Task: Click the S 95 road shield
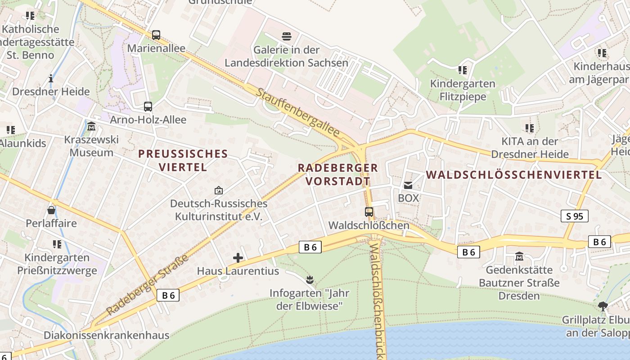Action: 575,216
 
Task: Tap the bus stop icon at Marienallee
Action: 156,35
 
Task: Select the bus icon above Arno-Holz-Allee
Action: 148,107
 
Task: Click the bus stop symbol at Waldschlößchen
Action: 369,211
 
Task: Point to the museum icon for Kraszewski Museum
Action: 91,126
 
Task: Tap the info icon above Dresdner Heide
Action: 51,78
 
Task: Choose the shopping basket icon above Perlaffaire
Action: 51,210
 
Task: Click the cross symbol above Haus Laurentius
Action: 238,258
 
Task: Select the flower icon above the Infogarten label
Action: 310,280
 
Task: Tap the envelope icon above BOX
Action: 408,185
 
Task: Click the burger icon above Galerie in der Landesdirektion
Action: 287,36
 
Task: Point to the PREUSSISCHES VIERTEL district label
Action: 183,161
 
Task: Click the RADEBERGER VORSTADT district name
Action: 338,175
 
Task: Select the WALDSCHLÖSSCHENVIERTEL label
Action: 513,175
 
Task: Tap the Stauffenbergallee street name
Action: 298,113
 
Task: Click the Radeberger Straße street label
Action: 148,285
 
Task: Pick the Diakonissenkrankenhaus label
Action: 107,335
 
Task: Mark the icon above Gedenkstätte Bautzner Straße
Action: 519,256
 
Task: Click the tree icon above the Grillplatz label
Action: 603,306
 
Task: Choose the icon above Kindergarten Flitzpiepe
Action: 462,70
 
